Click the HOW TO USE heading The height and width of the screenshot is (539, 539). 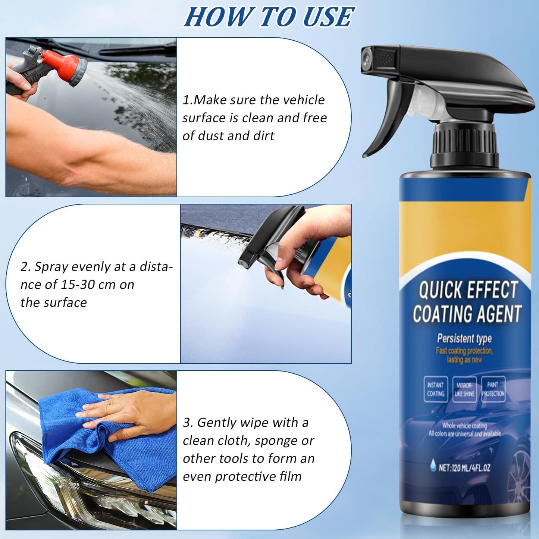pos(269,17)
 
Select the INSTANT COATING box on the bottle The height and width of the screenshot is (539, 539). pos(435,389)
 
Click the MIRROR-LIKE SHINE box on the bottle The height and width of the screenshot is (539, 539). pos(464,389)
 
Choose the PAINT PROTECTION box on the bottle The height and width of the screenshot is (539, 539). pos(493,389)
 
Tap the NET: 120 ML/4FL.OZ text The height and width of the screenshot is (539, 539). pos(464,468)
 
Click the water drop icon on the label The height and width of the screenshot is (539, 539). pos(433,465)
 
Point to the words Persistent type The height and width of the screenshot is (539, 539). pos(464,338)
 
